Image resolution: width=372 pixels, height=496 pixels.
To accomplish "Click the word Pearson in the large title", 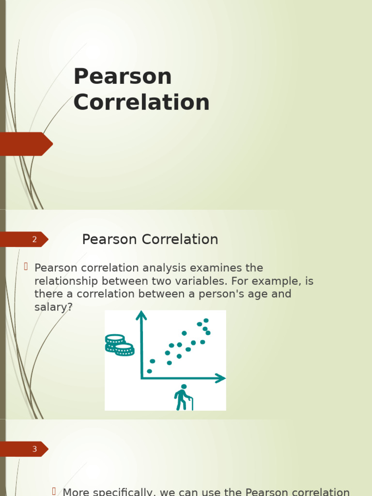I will pyautogui.click(x=123, y=77).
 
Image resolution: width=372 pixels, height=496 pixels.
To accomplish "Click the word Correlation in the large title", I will pyautogui.click(x=141, y=103).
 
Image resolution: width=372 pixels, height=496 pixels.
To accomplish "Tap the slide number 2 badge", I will pyautogui.click(x=34, y=239).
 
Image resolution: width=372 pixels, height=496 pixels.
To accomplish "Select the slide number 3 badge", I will pyautogui.click(x=34, y=449).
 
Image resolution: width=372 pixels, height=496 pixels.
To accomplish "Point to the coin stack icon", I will pyautogui.click(x=119, y=345).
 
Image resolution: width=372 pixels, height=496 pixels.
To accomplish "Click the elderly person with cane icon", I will pyautogui.click(x=183, y=397).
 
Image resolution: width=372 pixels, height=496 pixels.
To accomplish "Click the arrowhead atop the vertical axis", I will pyautogui.click(x=141, y=315).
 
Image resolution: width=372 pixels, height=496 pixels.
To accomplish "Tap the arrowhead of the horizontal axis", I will pyautogui.click(x=220, y=378).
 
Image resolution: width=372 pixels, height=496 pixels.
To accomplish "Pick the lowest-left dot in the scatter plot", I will pyautogui.click(x=149, y=371).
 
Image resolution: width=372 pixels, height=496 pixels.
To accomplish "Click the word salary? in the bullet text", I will pyautogui.click(x=53, y=307).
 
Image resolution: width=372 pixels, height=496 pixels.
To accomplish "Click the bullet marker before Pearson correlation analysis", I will pyautogui.click(x=26, y=266).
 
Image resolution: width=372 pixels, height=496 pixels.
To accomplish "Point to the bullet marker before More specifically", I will pyautogui.click(x=55, y=491).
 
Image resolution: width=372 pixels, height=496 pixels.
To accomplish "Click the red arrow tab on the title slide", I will pyautogui.click(x=27, y=144).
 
